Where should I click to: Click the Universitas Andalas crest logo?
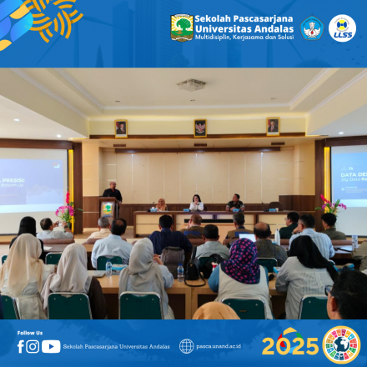point(182,28)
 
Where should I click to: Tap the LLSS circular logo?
point(342,28)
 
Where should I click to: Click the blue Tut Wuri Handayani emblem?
point(311,28)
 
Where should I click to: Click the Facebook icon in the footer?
point(21,346)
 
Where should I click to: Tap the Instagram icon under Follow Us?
point(33,346)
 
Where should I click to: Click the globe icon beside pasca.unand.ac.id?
point(186,346)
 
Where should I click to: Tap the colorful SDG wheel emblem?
point(340,344)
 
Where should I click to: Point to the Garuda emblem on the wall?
point(199,128)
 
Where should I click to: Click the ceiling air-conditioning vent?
point(191,84)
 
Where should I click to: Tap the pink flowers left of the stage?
point(65,208)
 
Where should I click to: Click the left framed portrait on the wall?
point(121,128)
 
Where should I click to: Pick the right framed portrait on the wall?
point(272,126)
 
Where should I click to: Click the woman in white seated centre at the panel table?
point(197,203)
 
